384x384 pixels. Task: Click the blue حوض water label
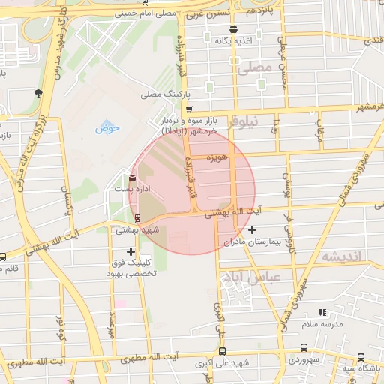[x=108, y=127]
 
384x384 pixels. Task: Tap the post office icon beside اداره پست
[x=133, y=178]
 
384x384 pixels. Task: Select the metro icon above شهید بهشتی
[x=136, y=218]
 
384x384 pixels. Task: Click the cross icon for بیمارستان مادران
[x=253, y=229]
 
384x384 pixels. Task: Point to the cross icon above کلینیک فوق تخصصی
[x=132, y=251]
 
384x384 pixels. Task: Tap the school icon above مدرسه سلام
[x=322, y=312]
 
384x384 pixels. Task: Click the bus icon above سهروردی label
[x=303, y=347]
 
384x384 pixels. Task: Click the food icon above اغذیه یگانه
[x=233, y=30]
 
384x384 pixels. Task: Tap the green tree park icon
[x=38, y=93]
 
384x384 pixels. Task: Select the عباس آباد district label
[x=244, y=277]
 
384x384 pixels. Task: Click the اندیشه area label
[x=341, y=256]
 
